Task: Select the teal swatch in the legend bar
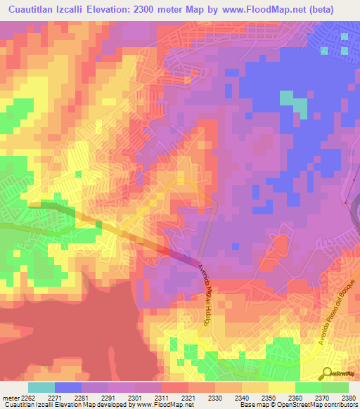tap(41, 387)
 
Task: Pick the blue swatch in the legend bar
tap(68, 387)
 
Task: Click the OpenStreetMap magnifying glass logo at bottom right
tap(326, 372)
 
